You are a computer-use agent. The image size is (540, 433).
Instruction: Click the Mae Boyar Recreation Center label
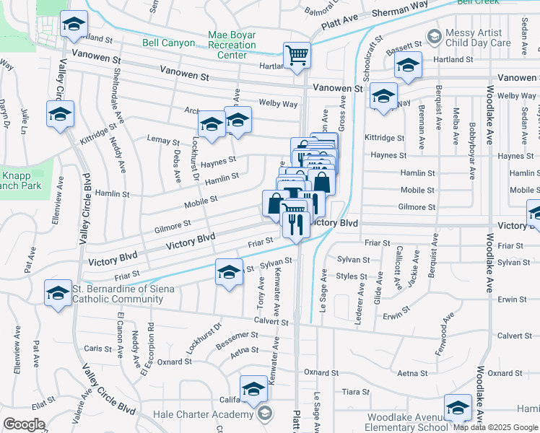(x=232, y=45)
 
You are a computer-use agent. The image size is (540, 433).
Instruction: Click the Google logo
(x=24, y=424)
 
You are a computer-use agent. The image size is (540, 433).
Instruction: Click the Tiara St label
(x=355, y=392)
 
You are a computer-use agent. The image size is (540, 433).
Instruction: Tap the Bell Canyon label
(x=168, y=43)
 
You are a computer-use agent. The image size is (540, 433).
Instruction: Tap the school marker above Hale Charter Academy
(x=253, y=390)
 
